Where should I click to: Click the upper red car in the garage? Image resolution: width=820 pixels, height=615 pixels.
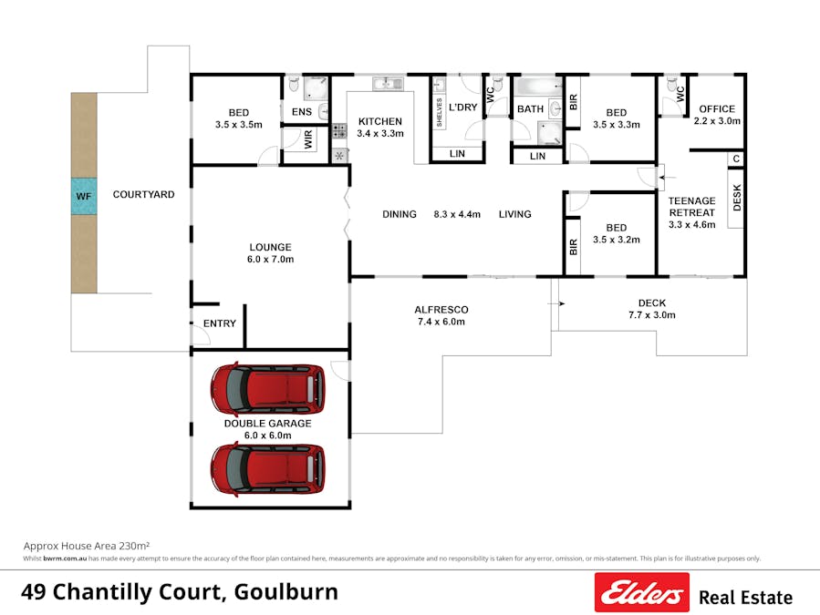267,387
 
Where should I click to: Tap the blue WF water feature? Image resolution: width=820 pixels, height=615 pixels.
84,196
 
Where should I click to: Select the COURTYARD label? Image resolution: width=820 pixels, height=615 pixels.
143,194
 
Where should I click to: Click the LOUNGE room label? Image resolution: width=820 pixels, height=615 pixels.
270,247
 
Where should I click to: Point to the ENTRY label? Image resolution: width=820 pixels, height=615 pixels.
219,323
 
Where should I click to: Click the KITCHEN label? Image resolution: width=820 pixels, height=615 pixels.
379,121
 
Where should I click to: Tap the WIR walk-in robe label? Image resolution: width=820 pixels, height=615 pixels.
308,139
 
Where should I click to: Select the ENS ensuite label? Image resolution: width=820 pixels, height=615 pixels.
302,112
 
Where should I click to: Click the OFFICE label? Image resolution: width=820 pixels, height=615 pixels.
716,109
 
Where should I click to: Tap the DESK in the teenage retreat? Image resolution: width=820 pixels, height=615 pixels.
737,199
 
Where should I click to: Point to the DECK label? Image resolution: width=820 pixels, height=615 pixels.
652,302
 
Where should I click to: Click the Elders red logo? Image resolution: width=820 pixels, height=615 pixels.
640,592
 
